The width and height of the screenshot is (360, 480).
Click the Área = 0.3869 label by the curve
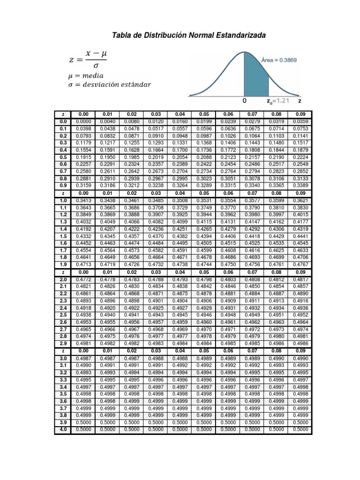[x=278, y=60]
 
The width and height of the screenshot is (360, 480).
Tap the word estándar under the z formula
[x=134, y=85]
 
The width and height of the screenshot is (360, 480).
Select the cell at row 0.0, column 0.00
[x=83, y=121]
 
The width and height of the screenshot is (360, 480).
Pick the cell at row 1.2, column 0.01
[x=108, y=215]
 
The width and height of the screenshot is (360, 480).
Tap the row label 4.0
[x=63, y=429]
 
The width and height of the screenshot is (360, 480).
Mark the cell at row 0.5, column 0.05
[x=204, y=157]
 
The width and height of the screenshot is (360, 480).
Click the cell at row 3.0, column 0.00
[x=83, y=358]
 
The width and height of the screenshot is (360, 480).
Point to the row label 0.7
[x=63, y=172]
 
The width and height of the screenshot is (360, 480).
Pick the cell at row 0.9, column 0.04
[x=180, y=186]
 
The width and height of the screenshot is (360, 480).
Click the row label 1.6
[x=63, y=243]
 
